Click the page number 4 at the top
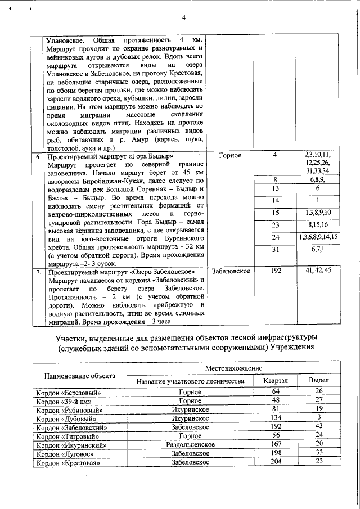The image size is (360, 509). (x=184, y=17)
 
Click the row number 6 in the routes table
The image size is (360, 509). (x=37, y=156)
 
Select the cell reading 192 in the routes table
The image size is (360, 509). (x=276, y=271)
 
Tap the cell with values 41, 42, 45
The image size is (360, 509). (x=318, y=271)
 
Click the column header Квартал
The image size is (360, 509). (x=276, y=381)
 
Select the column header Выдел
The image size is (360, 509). (x=319, y=381)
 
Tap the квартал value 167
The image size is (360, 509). (x=276, y=444)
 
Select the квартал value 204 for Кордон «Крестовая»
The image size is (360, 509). (x=276, y=462)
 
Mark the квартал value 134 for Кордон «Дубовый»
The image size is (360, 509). (x=276, y=418)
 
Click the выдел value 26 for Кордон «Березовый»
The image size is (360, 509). (x=319, y=391)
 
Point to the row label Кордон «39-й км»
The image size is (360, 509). (x=63, y=400)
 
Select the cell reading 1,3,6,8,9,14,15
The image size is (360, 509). (x=318, y=237)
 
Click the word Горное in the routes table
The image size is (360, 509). (x=229, y=155)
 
